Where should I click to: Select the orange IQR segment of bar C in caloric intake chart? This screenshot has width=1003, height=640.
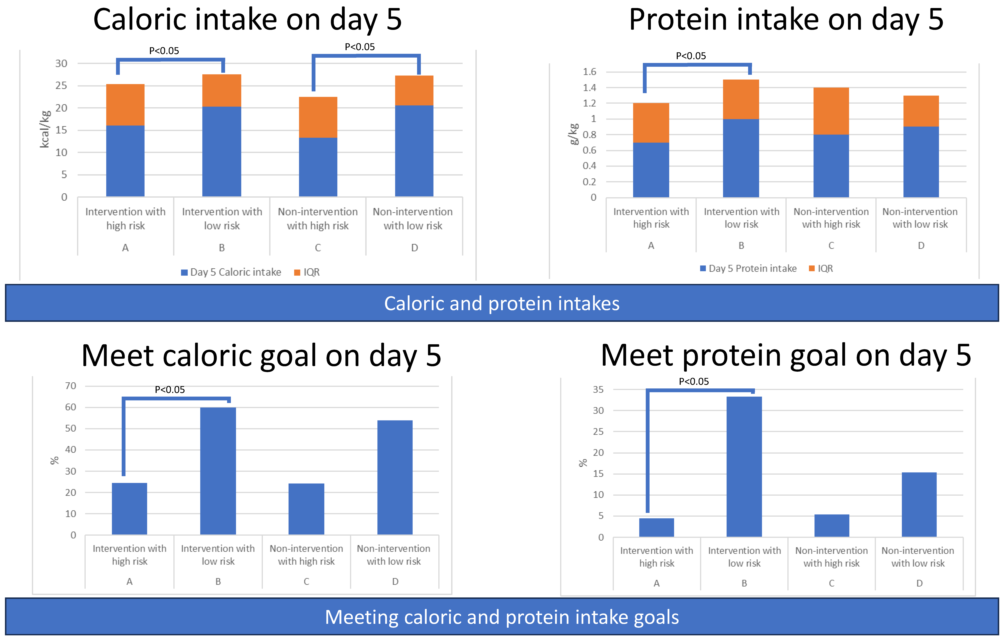(x=318, y=117)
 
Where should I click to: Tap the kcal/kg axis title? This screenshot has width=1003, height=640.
(x=45, y=129)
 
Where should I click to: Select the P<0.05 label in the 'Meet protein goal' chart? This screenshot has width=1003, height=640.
(x=694, y=381)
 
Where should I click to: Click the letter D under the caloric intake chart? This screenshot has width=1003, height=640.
(x=414, y=248)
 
